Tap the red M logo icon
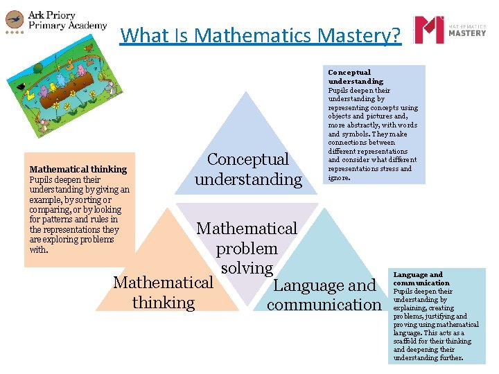tap(428, 30)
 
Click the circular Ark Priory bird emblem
tap(14, 20)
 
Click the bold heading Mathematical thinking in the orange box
tap(78, 169)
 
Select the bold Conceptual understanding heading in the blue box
tap(355, 77)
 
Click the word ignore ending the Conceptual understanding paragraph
tap(339, 177)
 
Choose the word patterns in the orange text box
tap(68, 220)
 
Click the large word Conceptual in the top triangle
tap(248, 159)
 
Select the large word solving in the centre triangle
tap(247, 268)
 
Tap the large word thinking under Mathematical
tap(164, 303)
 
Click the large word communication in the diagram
tap(324, 305)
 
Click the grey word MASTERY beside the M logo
tap(468, 33)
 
